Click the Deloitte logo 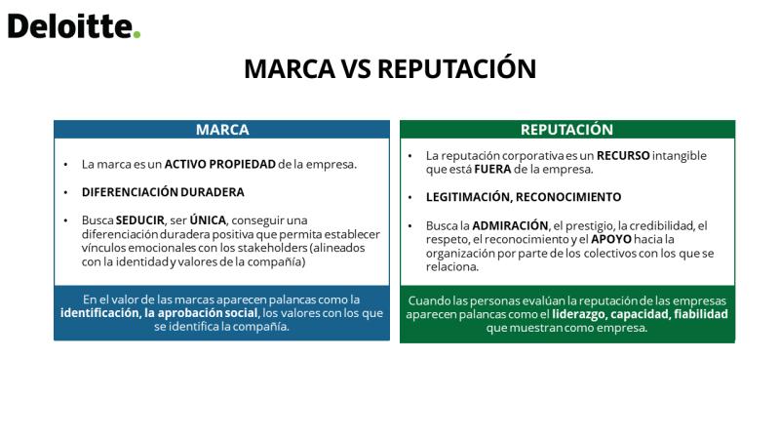(x=74, y=26)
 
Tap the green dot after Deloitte (x=136, y=34)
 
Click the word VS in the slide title (x=356, y=68)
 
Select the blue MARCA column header (x=222, y=130)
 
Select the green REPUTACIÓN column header (x=567, y=130)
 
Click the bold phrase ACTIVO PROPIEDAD (x=220, y=164)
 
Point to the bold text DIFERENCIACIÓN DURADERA (x=163, y=192)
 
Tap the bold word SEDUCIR (x=139, y=220)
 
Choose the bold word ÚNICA (x=208, y=219)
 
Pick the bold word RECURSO (x=623, y=155)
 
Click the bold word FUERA (x=492, y=169)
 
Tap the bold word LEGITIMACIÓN (x=468, y=197)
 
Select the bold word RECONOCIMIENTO (x=568, y=197)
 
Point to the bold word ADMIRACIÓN (x=510, y=225)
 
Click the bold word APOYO (x=611, y=239)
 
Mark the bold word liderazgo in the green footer (x=578, y=314)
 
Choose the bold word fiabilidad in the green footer (x=700, y=314)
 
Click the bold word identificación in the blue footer (x=100, y=312)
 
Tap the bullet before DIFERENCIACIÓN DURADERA (x=65, y=192)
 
